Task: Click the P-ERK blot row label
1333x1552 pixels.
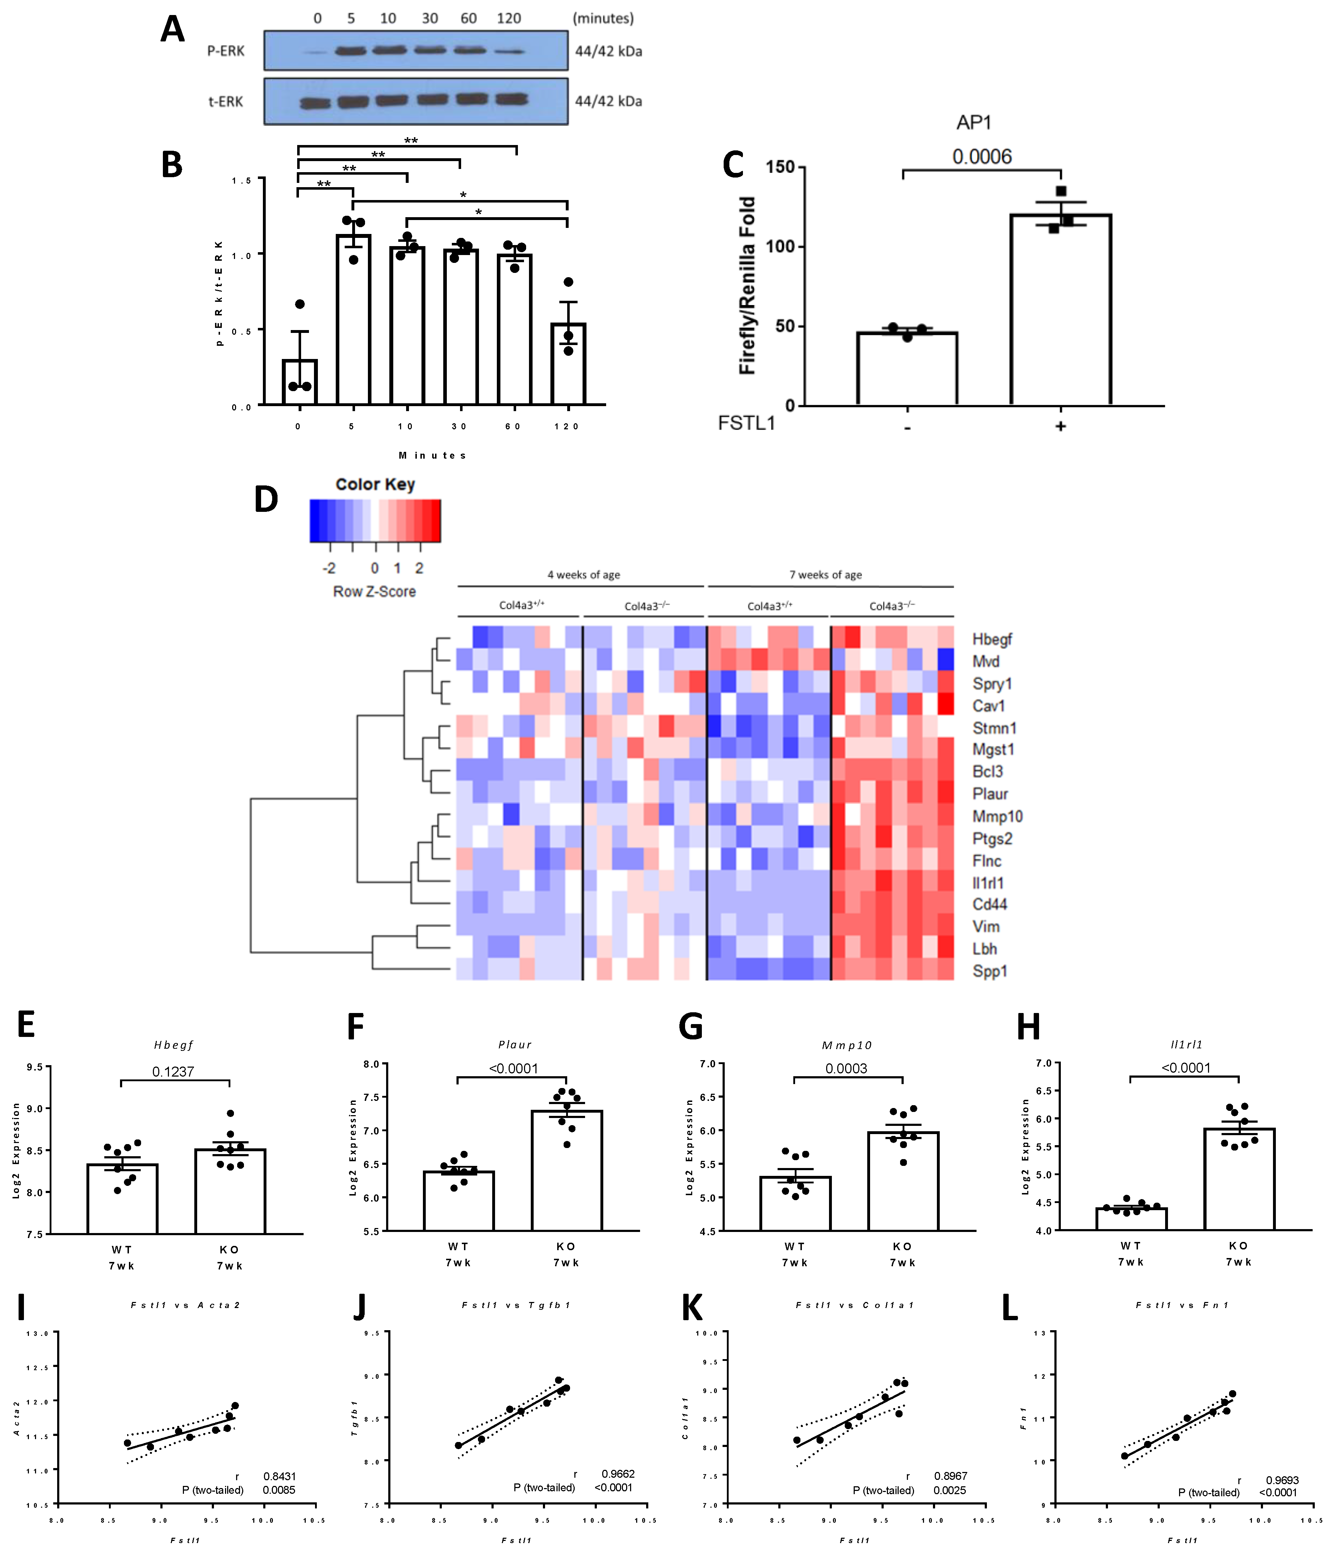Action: [225, 51]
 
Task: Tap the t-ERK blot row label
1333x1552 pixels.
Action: [225, 102]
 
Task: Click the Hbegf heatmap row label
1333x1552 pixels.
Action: [992, 639]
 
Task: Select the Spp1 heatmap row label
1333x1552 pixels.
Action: [989, 972]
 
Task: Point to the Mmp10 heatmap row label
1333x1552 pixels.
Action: [997, 817]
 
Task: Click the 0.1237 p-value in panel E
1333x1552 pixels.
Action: [173, 1072]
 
